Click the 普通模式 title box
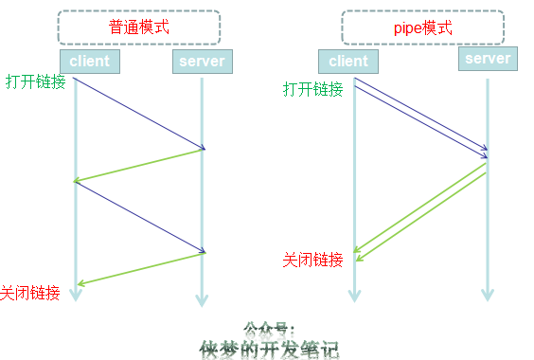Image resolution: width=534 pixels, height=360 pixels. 138,27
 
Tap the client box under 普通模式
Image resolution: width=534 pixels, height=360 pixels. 89,62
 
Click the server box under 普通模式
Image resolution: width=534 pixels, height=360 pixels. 201,62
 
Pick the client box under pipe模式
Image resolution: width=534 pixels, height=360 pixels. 347,62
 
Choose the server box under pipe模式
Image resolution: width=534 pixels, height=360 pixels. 489,59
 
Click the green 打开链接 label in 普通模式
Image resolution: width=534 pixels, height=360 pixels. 36,81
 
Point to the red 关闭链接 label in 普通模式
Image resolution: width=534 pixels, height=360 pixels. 31,293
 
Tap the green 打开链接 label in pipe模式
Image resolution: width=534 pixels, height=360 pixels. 313,89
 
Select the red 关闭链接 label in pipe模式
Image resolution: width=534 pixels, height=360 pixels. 313,260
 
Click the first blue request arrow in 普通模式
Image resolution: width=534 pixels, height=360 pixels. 139,114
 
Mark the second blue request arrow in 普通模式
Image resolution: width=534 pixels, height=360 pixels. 139,217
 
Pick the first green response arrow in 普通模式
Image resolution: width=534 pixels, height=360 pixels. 139,165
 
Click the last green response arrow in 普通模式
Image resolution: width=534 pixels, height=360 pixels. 141,268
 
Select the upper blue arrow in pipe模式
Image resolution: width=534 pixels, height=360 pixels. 422,114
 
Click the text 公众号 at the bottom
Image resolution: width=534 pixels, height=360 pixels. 270,330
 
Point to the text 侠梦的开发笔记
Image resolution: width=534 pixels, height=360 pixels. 269,349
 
